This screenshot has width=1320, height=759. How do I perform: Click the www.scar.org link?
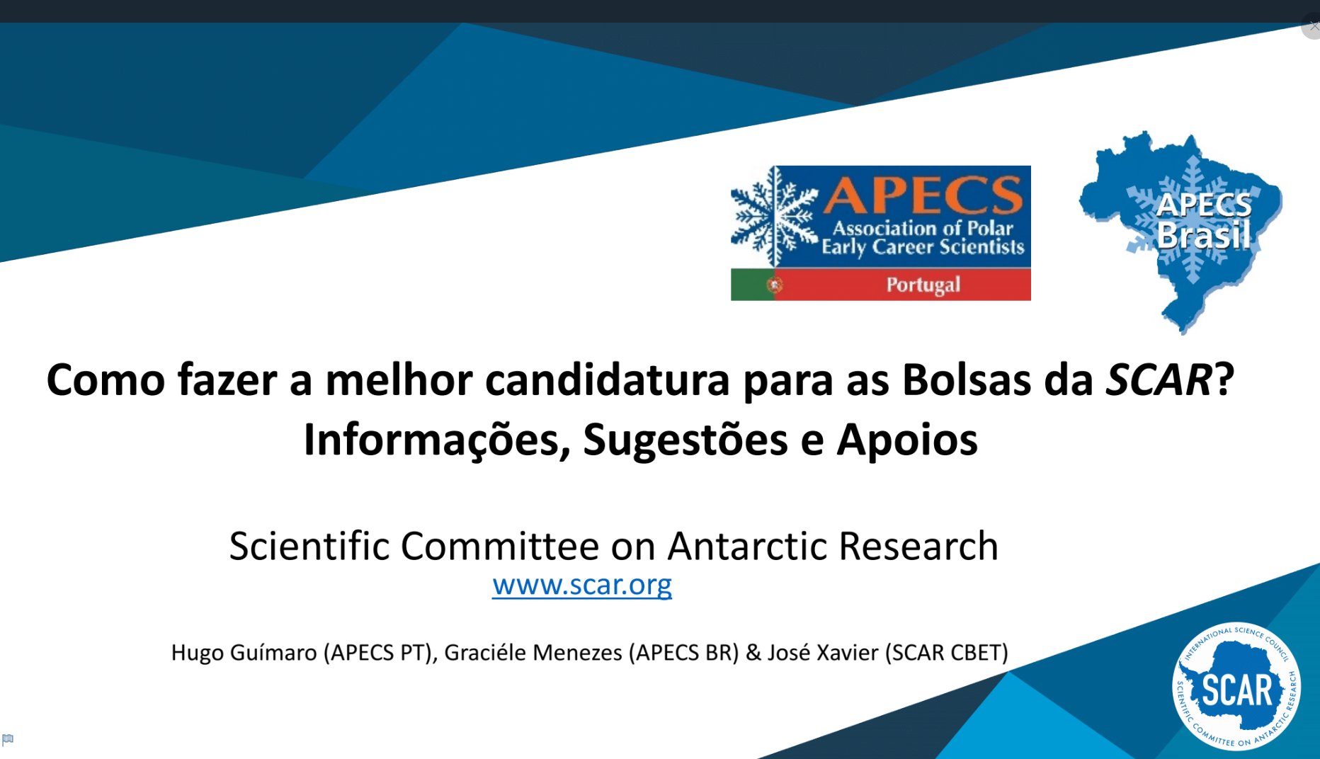581,586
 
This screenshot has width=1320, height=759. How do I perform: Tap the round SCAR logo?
1236,686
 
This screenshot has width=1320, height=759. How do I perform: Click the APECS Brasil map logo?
1183,227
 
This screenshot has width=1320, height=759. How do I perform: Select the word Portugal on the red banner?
923,285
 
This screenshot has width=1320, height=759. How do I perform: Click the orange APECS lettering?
923,195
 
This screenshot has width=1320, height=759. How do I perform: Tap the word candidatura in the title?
607,379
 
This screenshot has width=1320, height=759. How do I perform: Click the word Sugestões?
685,440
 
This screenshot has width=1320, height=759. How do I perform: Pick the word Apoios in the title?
907,440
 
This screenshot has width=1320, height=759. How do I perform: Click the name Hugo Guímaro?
244,652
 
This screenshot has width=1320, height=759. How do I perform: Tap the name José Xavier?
823,652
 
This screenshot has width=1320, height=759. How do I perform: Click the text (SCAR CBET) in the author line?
947,652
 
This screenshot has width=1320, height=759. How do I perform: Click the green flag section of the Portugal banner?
751,285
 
